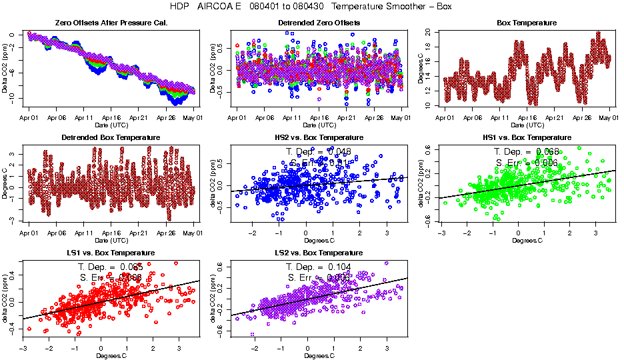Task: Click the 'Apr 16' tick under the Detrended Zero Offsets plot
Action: (x=319, y=118)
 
